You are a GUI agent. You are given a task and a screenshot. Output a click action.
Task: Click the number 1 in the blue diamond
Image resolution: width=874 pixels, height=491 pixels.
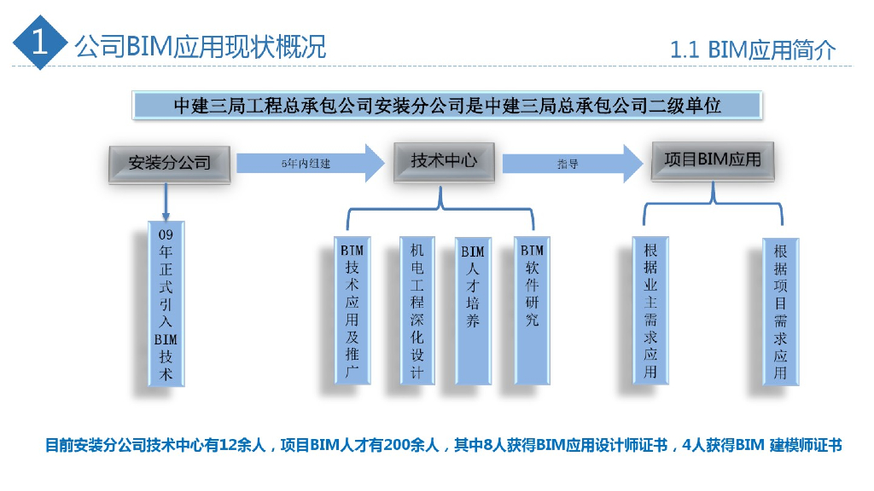click(x=38, y=43)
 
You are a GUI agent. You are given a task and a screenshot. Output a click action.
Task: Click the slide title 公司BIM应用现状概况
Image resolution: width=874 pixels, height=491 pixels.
click(x=201, y=46)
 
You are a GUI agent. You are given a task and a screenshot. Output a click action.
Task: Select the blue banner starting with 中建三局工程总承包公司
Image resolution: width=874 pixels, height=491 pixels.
click(x=447, y=106)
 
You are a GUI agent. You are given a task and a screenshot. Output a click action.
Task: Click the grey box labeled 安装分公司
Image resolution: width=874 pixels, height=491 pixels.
click(x=169, y=162)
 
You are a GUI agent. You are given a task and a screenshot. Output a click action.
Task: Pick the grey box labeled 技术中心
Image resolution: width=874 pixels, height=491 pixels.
click(x=443, y=160)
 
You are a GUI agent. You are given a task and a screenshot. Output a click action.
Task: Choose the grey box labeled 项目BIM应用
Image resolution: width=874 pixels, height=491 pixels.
click(x=713, y=160)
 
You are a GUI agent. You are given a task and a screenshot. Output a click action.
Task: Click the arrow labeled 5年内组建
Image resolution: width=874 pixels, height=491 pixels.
click(x=311, y=163)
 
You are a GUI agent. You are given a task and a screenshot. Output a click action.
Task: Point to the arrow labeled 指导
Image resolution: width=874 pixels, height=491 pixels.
click(x=572, y=163)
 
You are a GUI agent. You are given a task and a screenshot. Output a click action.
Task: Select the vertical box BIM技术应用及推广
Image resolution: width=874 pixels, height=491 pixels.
click(x=352, y=311)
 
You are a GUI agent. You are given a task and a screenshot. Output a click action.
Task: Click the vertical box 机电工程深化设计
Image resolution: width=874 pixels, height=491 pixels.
click(x=417, y=311)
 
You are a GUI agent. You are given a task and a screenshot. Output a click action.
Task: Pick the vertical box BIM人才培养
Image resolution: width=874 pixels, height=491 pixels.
click(x=472, y=311)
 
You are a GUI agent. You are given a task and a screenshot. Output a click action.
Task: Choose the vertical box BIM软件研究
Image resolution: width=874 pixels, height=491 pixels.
click(x=532, y=311)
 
